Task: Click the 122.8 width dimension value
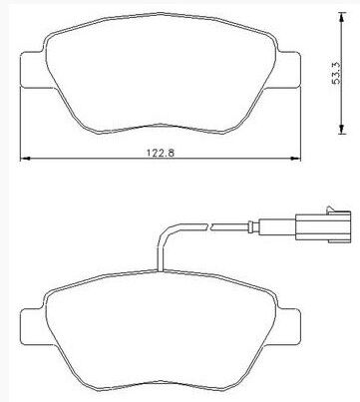point(161,153)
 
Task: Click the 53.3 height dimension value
point(336,73)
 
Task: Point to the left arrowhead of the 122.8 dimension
point(25,159)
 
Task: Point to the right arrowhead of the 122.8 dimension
point(295,159)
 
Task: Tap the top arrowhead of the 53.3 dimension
point(342,17)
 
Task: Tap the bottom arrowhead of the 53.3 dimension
point(342,129)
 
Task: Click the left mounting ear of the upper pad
point(33,70)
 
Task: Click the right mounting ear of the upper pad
point(288,70)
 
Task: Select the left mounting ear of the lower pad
point(33,327)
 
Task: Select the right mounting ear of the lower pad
point(289,327)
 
